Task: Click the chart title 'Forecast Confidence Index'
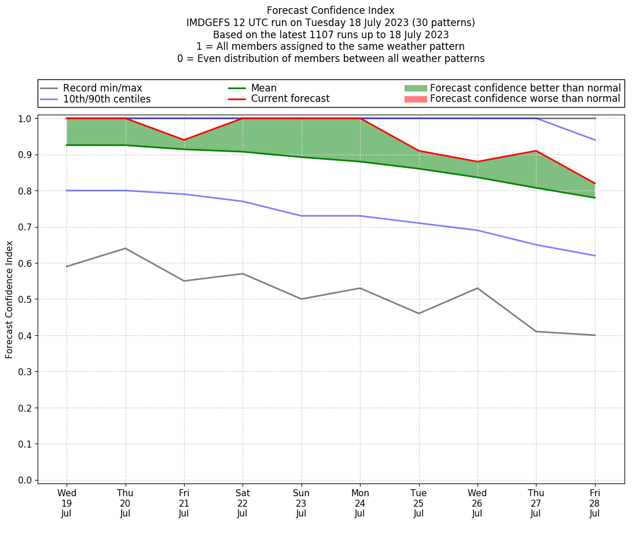click(330, 10)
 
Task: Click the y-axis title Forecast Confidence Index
click(9, 299)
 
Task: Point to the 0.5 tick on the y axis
click(27, 299)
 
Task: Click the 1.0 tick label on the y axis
click(27, 119)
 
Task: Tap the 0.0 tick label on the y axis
click(27, 480)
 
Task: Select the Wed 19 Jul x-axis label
click(67, 503)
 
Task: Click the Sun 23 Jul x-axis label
click(301, 503)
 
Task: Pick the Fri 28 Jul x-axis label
click(594, 503)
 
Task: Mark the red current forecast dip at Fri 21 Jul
click(184, 140)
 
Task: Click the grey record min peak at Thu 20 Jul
click(125, 248)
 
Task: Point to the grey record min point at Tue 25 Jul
click(418, 313)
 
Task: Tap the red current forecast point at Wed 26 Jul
click(477, 162)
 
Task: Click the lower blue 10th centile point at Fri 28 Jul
click(594, 255)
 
